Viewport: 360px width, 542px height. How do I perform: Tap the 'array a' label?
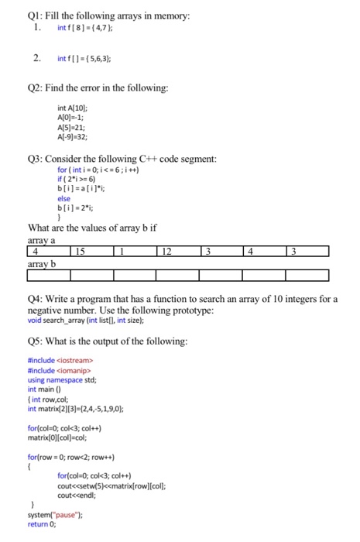pyautogui.click(x=43, y=240)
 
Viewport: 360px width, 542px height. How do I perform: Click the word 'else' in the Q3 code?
pyautogui.click(x=63, y=198)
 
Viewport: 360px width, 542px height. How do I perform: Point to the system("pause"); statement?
pyautogui.click(x=55, y=516)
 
